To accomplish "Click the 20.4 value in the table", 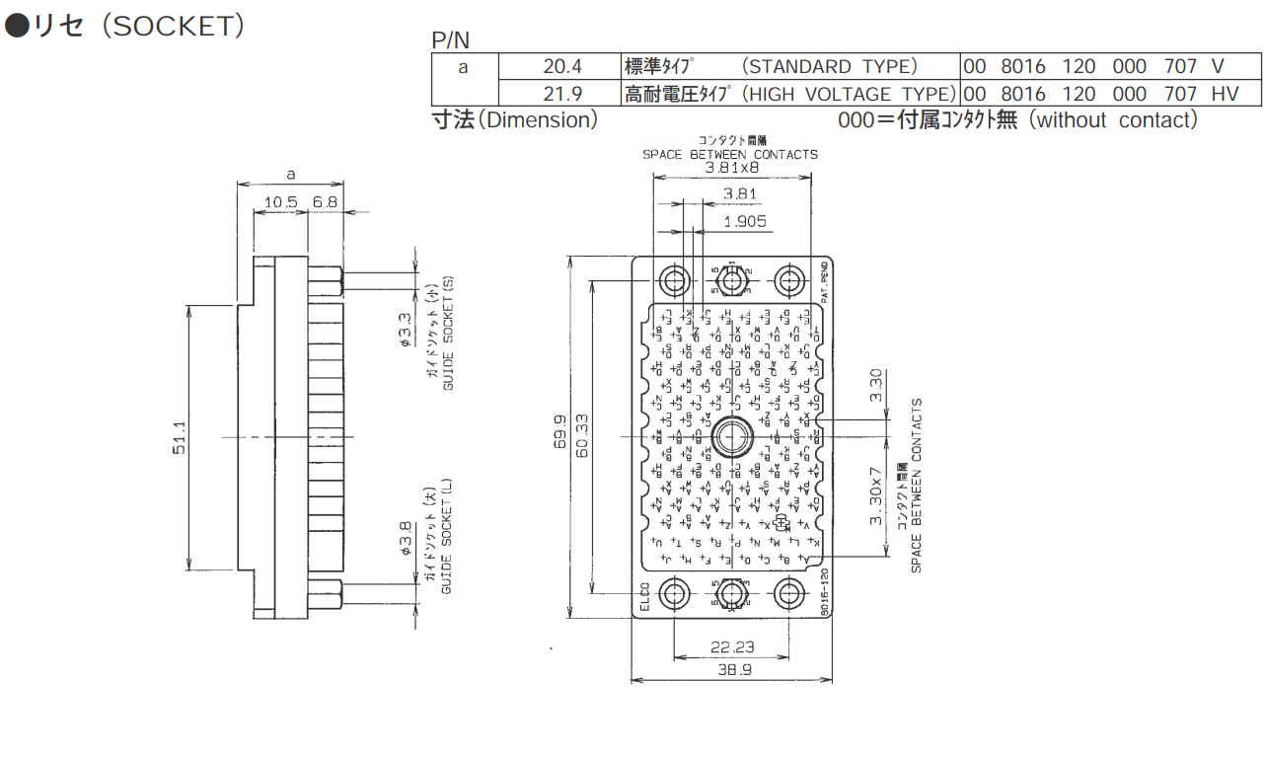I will click(x=562, y=67).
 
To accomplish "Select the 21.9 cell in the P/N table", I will click(x=562, y=94).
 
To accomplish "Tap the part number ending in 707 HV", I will click(x=1112, y=94).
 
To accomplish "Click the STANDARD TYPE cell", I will click(x=789, y=67).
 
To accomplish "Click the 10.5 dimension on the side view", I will click(x=280, y=202).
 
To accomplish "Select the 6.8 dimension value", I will click(x=325, y=202).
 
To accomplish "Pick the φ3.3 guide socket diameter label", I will click(x=405, y=331).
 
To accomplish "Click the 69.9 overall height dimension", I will click(x=558, y=434).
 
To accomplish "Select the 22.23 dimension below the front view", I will click(x=732, y=646).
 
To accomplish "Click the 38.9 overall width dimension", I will click(x=732, y=669).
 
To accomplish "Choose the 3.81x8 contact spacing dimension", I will click(x=731, y=168).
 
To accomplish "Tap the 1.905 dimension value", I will click(x=744, y=221).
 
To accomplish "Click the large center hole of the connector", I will click(x=731, y=435).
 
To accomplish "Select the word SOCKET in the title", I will click(x=173, y=27).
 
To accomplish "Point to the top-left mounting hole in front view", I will click(x=675, y=280).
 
